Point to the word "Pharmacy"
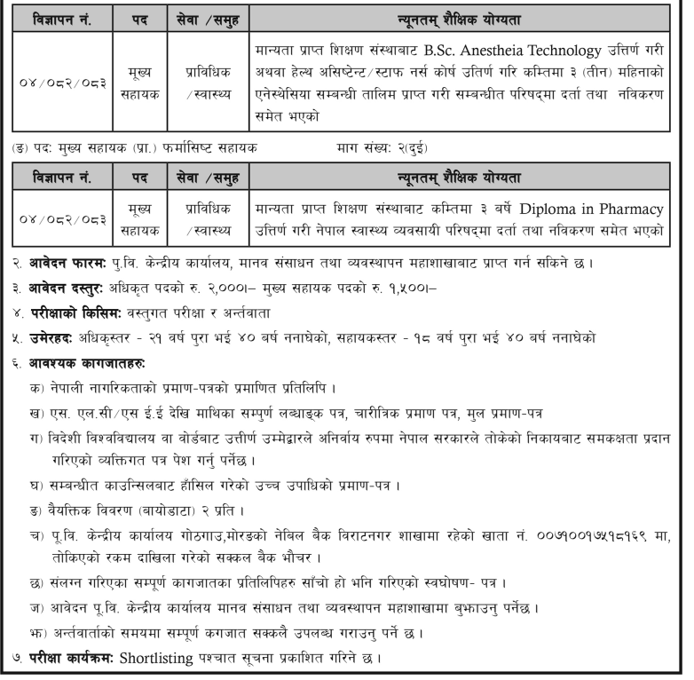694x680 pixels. coord(631,210)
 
